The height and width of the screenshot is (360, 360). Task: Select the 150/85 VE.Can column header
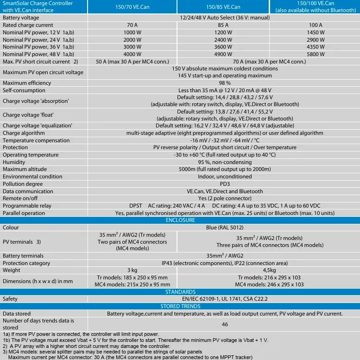point(223,7)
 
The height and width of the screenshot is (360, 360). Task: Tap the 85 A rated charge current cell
point(223,25)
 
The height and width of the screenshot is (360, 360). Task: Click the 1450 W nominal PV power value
point(316,32)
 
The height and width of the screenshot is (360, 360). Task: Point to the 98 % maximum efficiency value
point(225,83)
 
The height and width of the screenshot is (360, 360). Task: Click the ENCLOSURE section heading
point(180,220)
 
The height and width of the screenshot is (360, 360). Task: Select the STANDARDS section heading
point(180,292)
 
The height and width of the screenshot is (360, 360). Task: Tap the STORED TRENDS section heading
point(180,306)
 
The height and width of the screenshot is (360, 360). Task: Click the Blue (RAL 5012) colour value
point(225,227)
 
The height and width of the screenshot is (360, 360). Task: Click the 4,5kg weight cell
point(269,270)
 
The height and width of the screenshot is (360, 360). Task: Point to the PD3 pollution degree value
point(225,184)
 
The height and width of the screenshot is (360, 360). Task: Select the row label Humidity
point(14,162)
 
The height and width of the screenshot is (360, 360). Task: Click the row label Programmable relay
point(25,206)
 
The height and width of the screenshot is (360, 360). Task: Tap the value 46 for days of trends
point(225,324)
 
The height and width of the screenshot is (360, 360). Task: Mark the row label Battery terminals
point(23,256)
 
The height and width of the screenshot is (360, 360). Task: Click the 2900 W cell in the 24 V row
point(316,40)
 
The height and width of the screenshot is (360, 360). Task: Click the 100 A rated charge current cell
point(316,25)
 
